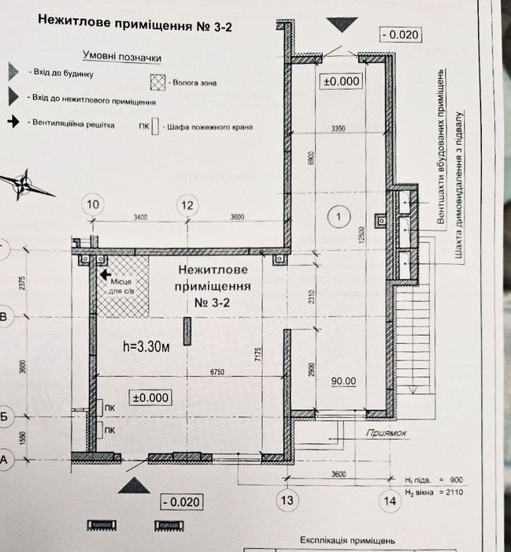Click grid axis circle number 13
(287, 498)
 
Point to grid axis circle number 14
(389, 498)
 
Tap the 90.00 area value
(343, 382)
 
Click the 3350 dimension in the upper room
(339, 127)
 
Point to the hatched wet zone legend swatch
(161, 81)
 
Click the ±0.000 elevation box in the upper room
(340, 80)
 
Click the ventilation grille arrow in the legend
(16, 122)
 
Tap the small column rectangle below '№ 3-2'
(187, 331)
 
